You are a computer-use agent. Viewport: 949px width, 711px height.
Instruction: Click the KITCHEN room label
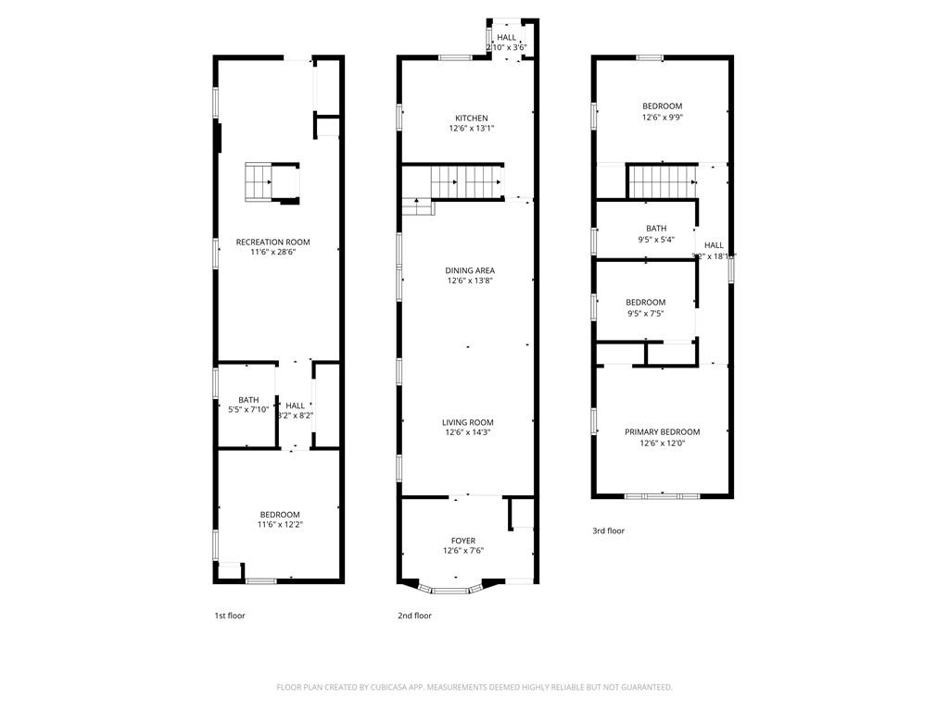click(x=471, y=118)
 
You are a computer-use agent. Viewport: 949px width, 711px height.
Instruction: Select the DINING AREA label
click(x=470, y=270)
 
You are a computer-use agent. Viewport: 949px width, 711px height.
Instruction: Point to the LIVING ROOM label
click(x=468, y=422)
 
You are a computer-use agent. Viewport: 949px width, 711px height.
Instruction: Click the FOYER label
click(x=463, y=541)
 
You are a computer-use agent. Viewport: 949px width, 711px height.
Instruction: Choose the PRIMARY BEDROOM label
click(x=662, y=432)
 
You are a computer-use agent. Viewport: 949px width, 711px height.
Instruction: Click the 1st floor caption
click(x=230, y=616)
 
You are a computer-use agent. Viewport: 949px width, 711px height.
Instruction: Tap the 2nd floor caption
click(x=415, y=616)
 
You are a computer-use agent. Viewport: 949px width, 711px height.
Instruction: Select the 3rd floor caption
click(x=609, y=531)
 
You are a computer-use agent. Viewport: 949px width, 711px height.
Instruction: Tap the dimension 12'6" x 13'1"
click(x=471, y=129)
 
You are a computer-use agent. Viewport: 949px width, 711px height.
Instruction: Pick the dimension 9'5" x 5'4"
click(x=656, y=239)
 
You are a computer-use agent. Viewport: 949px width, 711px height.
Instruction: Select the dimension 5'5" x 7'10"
click(x=248, y=410)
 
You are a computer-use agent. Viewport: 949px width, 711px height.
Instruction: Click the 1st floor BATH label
click(x=248, y=400)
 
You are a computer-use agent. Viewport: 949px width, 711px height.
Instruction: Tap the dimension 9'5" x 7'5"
click(x=645, y=313)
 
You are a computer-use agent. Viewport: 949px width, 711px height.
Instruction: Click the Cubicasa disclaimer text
click(x=474, y=687)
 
